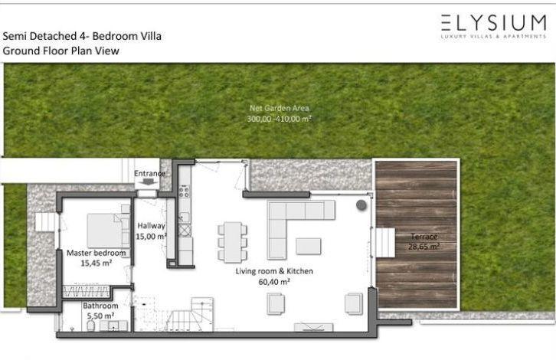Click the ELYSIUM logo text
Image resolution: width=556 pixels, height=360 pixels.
494,23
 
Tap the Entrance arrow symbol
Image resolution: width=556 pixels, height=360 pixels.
149,182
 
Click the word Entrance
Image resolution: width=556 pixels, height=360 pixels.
149,173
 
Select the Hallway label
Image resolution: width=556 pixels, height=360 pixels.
152,226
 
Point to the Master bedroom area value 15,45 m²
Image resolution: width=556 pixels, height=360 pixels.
96,263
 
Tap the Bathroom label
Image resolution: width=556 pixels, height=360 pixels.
100,306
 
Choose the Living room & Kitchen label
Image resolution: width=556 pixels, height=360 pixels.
274,271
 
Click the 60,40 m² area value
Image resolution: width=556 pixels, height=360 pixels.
274,282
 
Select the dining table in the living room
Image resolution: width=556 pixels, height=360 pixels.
233,242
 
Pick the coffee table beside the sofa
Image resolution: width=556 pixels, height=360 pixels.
309,246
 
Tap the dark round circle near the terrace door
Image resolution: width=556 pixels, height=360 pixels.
361,205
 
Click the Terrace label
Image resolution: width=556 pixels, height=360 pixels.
424,236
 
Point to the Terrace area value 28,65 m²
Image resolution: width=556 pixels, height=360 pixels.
424,247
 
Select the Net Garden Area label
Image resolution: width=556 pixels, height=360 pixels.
280,108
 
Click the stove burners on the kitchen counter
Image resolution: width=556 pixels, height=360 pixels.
184,192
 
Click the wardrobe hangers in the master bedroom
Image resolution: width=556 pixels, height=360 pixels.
86,292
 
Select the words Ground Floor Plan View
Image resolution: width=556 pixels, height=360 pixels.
61,51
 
